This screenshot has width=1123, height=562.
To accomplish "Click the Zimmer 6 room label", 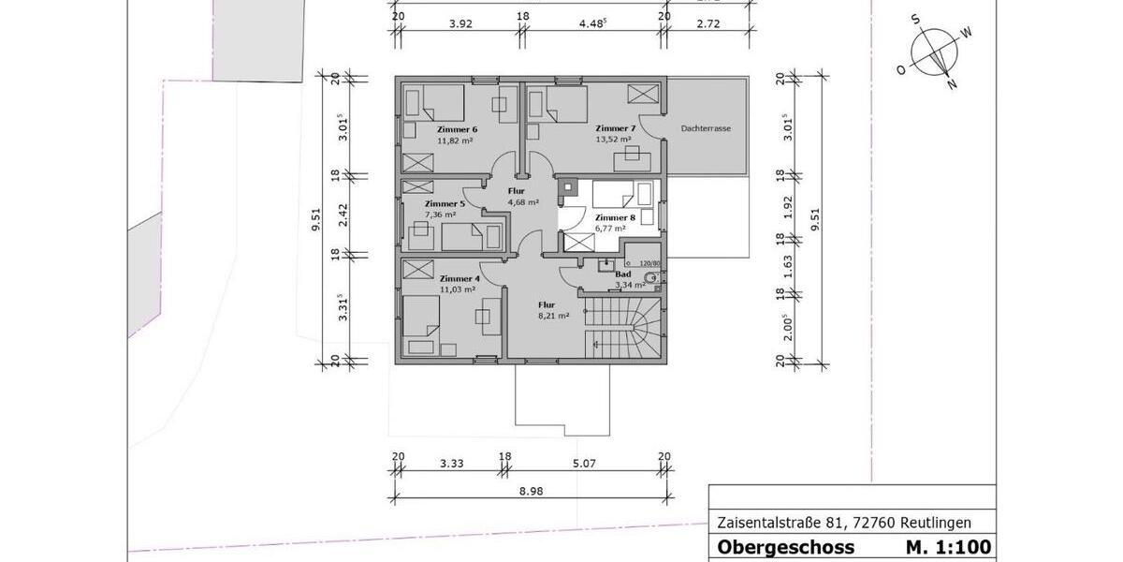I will pyautogui.click(x=457, y=129).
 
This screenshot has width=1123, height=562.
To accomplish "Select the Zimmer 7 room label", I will pyautogui.click(x=615, y=128).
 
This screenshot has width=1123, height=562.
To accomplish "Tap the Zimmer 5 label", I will pyautogui.click(x=445, y=203).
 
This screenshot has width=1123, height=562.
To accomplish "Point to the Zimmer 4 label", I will pyautogui.click(x=459, y=278).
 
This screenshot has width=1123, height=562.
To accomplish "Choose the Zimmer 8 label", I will pyautogui.click(x=615, y=217).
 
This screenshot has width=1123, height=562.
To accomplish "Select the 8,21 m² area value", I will pyautogui.click(x=553, y=317).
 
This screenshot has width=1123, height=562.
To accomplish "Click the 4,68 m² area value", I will pyautogui.click(x=523, y=201).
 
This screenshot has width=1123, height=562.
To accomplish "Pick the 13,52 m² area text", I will pyautogui.click(x=613, y=140).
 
